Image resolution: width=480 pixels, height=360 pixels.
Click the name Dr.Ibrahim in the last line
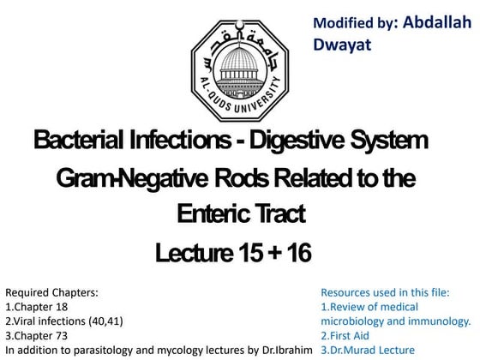tap(285, 350)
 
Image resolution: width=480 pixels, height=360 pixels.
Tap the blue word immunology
tap(433, 321)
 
